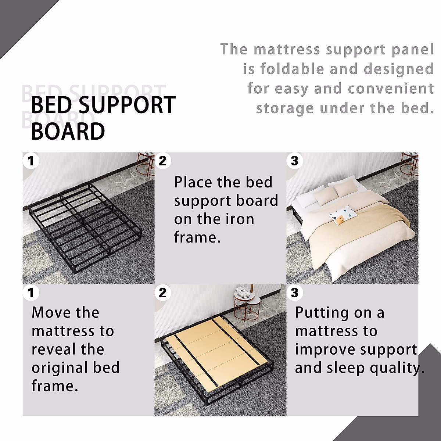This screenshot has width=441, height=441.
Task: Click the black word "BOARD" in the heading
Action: [68, 132]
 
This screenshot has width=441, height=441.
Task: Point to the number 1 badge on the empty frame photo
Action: [31, 161]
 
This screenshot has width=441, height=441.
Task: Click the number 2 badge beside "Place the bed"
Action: [162, 161]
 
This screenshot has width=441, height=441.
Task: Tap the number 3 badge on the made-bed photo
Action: [294, 161]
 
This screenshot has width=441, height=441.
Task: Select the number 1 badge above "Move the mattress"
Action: [31, 293]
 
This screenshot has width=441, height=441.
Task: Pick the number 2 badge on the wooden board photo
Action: [162, 293]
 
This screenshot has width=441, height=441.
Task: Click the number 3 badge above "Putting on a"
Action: [294, 293]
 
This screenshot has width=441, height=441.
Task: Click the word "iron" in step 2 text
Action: [239, 219]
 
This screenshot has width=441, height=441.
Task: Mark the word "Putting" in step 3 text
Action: [322, 313]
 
